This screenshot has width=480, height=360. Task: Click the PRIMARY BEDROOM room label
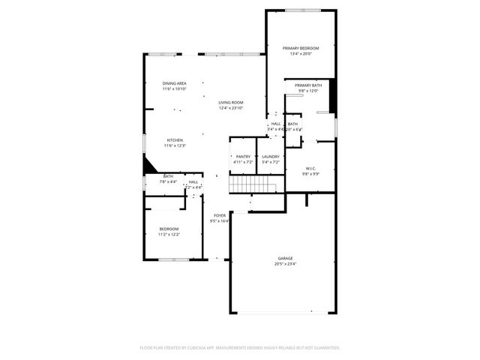pos(301,48)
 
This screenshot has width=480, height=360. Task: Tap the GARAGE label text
pos(285,258)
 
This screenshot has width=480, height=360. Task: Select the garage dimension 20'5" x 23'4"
pos(285,264)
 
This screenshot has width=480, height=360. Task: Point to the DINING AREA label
pos(174,83)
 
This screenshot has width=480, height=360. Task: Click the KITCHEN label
pos(174,139)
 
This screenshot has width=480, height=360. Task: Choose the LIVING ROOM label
pos(231,102)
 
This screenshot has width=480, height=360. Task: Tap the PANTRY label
pos(243,156)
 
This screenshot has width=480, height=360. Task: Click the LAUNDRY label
pos(270,156)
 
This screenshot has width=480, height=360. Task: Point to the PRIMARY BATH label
pos(307,85)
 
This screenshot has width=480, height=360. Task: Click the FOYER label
pos(220,215)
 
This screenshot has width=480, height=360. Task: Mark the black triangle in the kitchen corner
pos(149,165)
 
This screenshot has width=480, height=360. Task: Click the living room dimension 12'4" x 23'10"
pos(231,108)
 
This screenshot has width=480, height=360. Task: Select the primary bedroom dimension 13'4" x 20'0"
pos(301,54)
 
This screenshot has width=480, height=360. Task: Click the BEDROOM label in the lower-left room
pos(168,229)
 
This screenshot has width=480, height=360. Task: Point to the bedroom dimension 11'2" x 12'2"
pos(168,235)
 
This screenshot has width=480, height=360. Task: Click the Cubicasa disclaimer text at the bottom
pos(240,348)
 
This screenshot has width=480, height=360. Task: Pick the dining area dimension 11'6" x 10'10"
pos(174,89)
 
